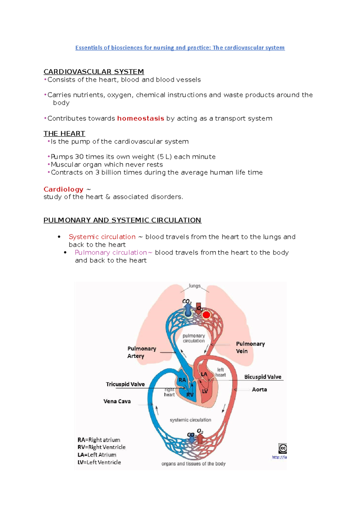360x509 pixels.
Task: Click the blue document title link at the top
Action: pos(180,48)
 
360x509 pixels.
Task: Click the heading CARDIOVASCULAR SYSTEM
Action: pos(94,72)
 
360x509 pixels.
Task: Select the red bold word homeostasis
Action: pos(140,118)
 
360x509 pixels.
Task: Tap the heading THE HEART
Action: pos(64,133)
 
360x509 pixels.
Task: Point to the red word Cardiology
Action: pos(63,189)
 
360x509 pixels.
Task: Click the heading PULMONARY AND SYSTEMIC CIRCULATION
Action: pos(122,220)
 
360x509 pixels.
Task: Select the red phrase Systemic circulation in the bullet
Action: pos(102,237)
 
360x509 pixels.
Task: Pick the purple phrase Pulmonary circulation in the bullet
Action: pos(111,252)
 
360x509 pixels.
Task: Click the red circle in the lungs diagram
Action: pos(206,315)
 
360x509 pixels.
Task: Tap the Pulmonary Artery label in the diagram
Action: pos(142,352)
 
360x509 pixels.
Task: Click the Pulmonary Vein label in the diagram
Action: pos(250,347)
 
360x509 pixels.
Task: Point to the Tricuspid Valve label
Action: pos(125,384)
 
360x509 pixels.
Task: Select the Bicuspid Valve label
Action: pos(262,377)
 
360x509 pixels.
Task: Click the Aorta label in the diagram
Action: pos(259,389)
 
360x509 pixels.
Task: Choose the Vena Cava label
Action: pos(117,401)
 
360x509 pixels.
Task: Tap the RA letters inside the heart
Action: pos(182,380)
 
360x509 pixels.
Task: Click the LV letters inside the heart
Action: pos(205,391)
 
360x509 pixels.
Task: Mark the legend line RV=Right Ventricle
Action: pos(101,447)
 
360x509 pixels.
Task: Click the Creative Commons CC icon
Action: pos(283,448)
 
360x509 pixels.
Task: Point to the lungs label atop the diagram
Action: pos(195,286)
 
